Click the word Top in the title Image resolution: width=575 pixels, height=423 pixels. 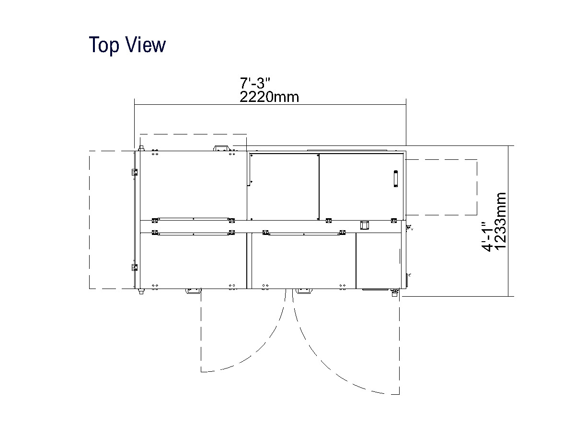(x=104, y=45)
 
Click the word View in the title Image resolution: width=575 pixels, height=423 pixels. (x=146, y=45)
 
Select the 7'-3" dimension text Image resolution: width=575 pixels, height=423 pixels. (x=255, y=83)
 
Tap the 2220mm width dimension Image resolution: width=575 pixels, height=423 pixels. (x=269, y=97)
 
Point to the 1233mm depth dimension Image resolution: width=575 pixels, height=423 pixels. (x=500, y=221)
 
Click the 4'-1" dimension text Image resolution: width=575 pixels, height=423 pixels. (x=487, y=237)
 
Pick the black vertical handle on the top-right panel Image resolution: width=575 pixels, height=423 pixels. (x=396, y=178)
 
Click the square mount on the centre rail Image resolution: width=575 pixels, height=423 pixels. (x=364, y=225)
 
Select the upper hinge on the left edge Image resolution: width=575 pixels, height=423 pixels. (x=135, y=172)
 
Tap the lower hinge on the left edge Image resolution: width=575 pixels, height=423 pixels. (x=135, y=267)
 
